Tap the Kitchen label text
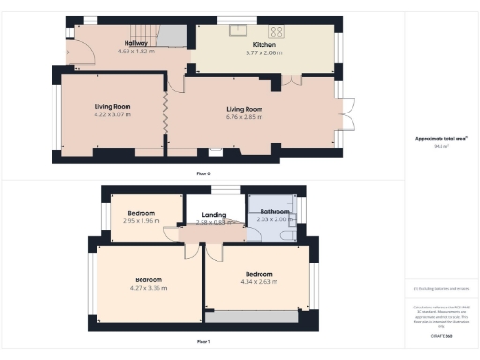(x=263, y=45)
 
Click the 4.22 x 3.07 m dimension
(x=112, y=114)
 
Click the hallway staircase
(x=169, y=37)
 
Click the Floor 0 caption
(x=202, y=174)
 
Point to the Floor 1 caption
(x=202, y=342)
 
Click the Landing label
(x=214, y=215)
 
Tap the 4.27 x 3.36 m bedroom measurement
(x=149, y=288)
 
